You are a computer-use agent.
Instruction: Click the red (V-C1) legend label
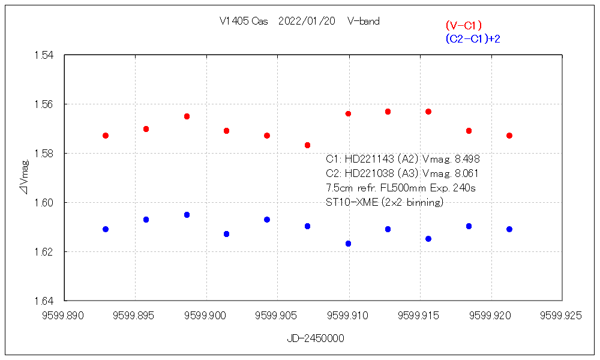click(x=464, y=25)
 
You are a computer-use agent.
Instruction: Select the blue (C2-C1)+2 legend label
click(x=473, y=39)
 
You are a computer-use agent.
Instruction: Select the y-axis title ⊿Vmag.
click(x=24, y=178)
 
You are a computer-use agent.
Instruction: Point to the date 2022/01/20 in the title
click(x=307, y=21)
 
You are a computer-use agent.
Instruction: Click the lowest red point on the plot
click(x=307, y=145)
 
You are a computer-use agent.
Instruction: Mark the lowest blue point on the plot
click(x=348, y=244)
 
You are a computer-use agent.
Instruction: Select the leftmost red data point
click(x=106, y=136)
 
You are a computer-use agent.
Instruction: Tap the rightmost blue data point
click(x=509, y=229)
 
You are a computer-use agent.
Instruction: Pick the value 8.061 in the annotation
click(x=466, y=173)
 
